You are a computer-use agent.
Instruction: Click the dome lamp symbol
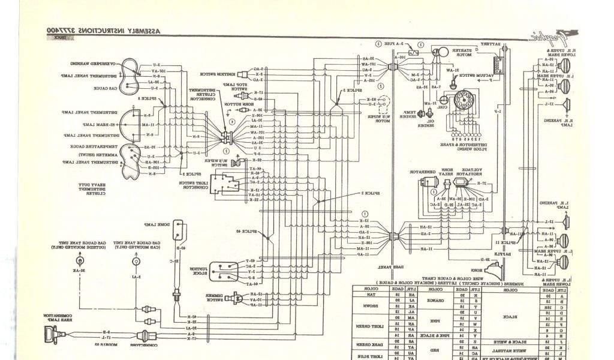coord(180,226)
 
